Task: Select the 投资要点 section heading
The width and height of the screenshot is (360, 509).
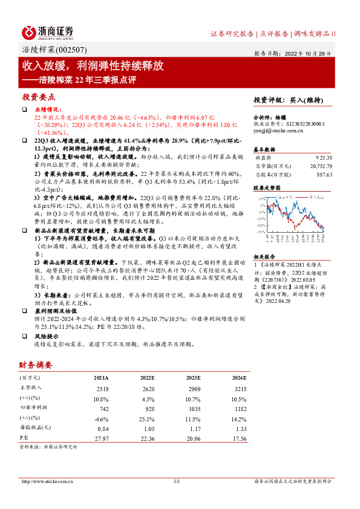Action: (39, 97)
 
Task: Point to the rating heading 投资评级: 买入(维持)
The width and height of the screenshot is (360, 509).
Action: (288, 100)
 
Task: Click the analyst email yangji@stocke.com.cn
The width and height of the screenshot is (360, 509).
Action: (278, 129)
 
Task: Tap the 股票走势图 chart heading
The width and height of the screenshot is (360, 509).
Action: (267, 188)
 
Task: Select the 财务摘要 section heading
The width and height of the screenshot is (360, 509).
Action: (36, 365)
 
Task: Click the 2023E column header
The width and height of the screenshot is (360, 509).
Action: (194, 378)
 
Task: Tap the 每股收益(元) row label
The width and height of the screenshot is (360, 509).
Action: (35, 428)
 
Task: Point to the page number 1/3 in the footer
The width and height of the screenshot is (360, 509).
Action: (177, 481)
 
